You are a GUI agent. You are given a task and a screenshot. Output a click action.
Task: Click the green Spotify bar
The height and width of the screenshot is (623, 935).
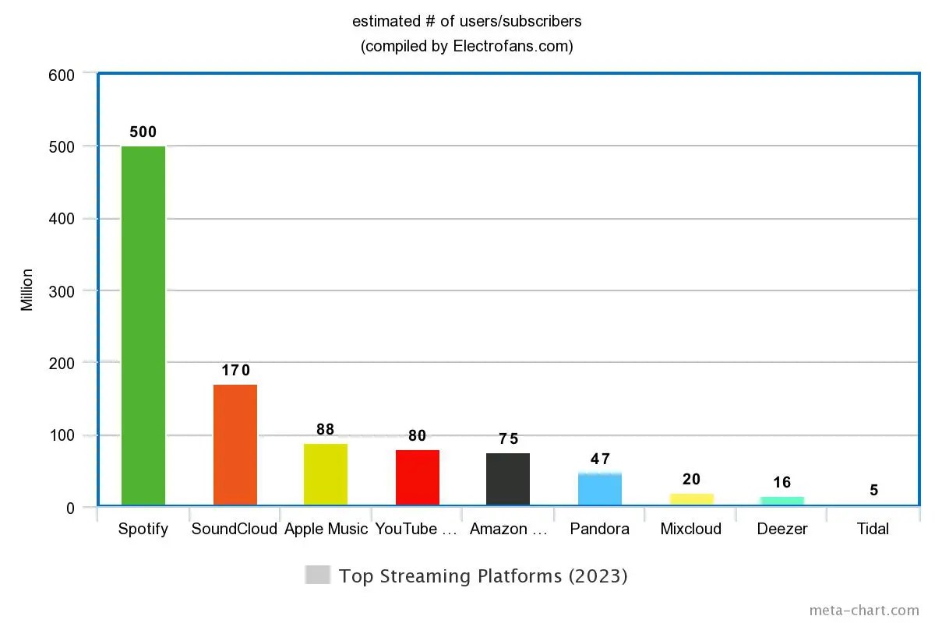coord(143,326)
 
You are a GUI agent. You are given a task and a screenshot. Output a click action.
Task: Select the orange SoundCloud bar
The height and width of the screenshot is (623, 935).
coord(235,445)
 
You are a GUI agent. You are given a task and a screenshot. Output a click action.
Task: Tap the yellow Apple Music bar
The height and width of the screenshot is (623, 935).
coord(326,474)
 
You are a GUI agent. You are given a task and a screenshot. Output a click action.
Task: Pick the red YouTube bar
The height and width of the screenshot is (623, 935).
coord(418,477)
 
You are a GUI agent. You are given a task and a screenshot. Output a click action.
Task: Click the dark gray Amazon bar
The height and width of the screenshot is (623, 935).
coord(508,479)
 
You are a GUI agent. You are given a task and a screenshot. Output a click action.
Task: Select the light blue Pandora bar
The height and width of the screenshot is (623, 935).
coord(600,489)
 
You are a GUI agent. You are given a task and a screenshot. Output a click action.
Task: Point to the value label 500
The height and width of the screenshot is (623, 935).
coord(143,132)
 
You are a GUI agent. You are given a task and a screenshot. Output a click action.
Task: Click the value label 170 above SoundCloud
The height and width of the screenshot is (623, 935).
coord(235,371)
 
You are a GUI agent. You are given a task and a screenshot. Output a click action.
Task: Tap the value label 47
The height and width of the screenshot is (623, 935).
coord(600,459)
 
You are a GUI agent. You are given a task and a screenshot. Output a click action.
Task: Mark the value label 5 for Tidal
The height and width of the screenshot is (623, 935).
coord(874,491)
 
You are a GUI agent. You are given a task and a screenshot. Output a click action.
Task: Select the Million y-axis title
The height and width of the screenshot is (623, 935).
coord(27,290)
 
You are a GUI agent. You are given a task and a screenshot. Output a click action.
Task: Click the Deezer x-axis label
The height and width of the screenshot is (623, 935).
coord(782,530)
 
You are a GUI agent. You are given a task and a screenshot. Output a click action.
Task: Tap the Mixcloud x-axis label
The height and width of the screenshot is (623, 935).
coord(691,530)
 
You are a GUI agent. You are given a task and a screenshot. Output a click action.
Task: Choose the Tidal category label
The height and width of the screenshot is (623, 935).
coord(873,530)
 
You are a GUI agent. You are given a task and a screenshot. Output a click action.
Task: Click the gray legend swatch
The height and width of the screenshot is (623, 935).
coord(318,575)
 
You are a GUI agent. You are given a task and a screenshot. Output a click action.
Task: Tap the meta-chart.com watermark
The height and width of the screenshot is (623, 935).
coord(864,610)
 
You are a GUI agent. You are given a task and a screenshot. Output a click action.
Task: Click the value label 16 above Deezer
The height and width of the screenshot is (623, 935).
coord(782,483)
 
